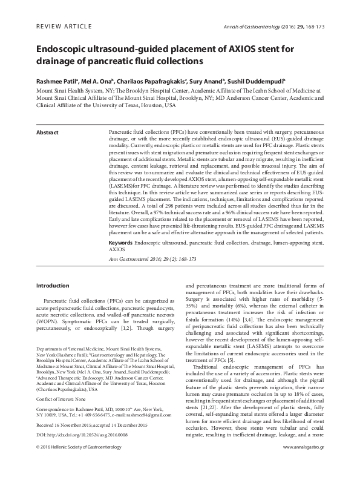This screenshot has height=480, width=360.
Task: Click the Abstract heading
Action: tap(47, 132)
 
